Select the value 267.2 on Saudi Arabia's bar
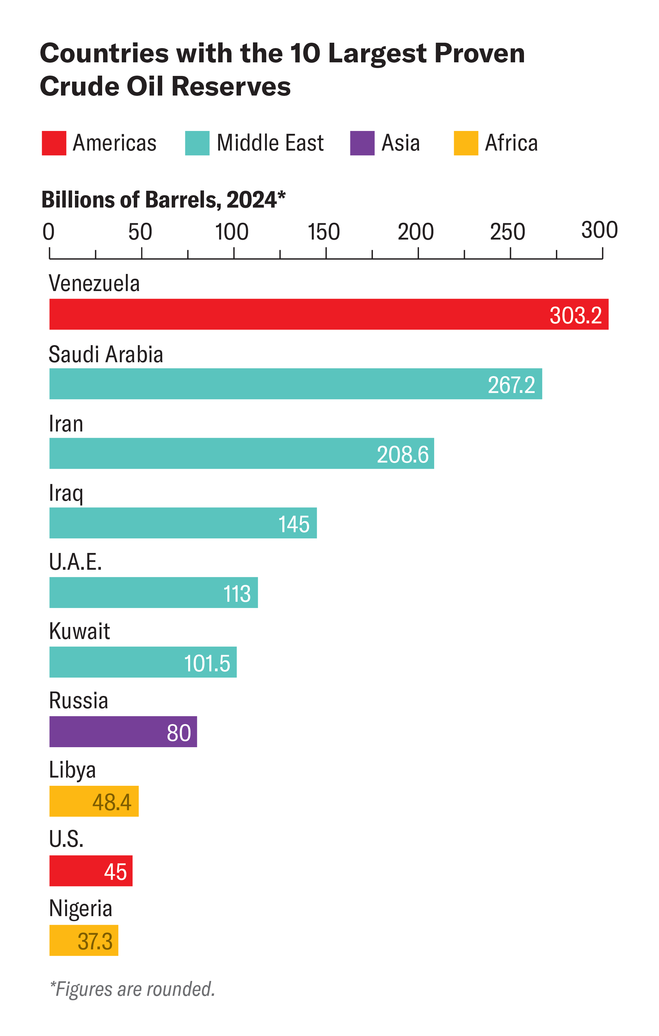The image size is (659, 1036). tap(511, 385)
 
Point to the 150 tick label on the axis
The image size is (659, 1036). tap(323, 232)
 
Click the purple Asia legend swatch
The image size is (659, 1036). tap(362, 143)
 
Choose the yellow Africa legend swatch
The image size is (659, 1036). tap(466, 143)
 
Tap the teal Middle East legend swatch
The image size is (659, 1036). tap(197, 143)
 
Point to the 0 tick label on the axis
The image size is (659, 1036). tap(49, 232)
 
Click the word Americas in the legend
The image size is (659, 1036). tap(114, 143)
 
